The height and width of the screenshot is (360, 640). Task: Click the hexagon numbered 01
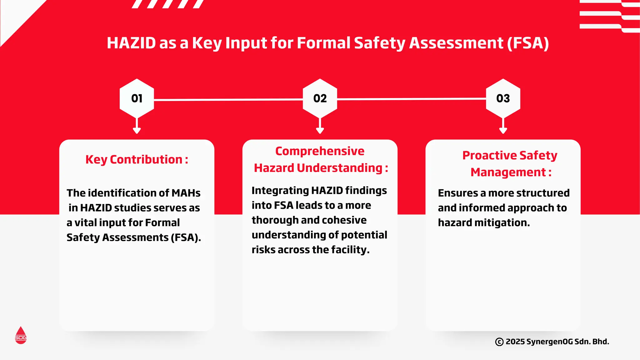(137, 98)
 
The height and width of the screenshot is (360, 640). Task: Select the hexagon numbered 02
(320, 98)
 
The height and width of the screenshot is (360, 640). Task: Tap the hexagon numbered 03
(503, 98)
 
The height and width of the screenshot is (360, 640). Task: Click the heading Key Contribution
(137, 160)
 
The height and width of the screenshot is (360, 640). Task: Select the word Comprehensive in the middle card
(320, 151)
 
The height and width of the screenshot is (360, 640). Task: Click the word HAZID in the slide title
(131, 43)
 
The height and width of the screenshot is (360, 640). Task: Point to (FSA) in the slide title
(528, 43)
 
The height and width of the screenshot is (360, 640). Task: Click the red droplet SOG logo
(21, 336)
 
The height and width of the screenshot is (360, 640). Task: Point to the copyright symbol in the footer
(499, 342)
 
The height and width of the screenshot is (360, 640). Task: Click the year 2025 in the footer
(515, 342)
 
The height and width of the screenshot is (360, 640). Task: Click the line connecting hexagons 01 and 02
(228, 100)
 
